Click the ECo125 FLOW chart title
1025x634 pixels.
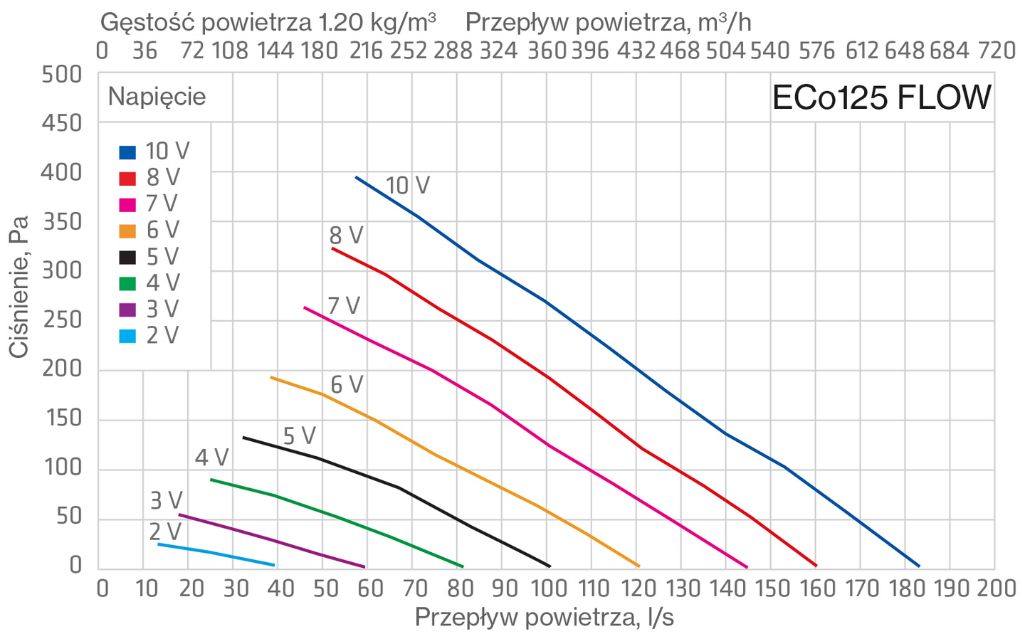(881, 97)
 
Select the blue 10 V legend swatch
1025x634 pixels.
(127, 152)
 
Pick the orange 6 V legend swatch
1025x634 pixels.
(127, 231)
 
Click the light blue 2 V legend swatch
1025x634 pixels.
(127, 337)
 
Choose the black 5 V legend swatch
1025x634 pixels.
(127, 258)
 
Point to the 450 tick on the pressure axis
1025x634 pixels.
(62, 124)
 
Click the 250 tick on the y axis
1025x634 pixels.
(62, 320)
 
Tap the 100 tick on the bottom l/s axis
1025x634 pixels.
(547, 588)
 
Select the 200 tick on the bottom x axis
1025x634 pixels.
(997, 588)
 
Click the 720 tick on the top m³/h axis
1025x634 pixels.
(997, 51)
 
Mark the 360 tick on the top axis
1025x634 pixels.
(547, 51)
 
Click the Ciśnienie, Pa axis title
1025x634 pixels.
(19, 287)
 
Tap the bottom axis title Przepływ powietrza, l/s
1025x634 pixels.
(544, 618)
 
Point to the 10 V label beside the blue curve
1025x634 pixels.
(408, 186)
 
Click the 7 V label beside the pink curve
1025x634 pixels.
(344, 305)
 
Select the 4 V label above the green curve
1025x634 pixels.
(212, 458)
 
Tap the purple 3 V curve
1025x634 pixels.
(272, 540)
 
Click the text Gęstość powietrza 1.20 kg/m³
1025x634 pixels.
(268, 23)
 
